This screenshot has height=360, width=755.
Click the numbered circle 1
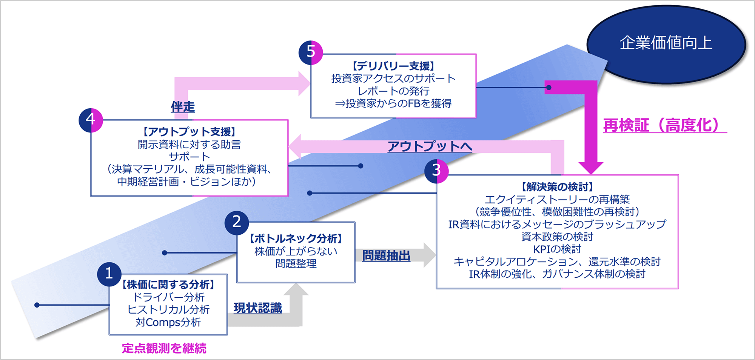(x=109, y=274)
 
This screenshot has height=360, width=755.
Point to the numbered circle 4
(x=91, y=120)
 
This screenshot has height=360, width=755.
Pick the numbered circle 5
(x=311, y=52)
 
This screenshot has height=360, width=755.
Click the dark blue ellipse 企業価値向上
(x=666, y=43)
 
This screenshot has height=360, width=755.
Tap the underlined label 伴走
(x=183, y=107)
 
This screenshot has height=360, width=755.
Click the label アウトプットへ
(x=430, y=146)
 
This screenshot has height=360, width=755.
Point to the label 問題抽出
(x=386, y=255)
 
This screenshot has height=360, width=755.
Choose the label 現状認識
(x=258, y=308)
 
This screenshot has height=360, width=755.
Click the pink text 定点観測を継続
(x=164, y=348)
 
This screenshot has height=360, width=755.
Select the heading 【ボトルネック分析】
(x=296, y=238)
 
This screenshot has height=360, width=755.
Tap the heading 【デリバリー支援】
(x=393, y=66)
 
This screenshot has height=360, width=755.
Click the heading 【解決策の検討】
(x=557, y=187)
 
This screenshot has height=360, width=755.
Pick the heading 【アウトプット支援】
(x=189, y=132)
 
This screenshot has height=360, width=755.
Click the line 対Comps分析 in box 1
(x=168, y=322)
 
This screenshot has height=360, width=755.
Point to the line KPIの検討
(x=557, y=249)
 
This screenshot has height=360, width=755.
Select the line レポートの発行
(x=393, y=91)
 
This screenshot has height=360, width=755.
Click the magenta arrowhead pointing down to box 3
(x=591, y=168)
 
